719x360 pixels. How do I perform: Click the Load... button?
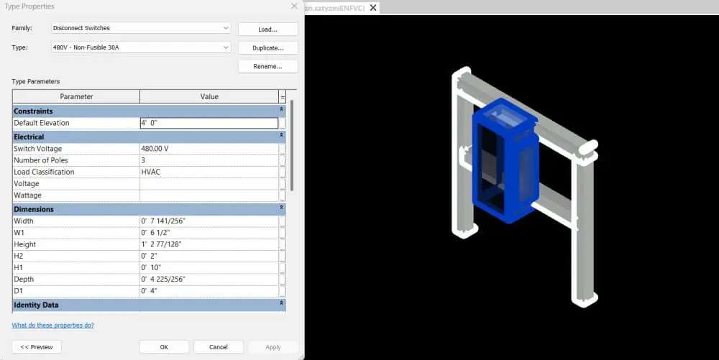coord(267,29)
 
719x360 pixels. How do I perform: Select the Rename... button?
coord(267,66)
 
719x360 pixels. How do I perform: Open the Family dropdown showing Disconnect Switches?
coord(141,28)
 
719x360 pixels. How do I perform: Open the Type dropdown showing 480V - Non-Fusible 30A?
coord(141,47)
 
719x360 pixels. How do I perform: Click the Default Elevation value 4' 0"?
coord(209,123)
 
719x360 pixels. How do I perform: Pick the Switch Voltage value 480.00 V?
coord(209,149)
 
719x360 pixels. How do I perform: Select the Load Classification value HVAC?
coord(209,172)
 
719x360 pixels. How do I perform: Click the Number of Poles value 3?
coord(209,160)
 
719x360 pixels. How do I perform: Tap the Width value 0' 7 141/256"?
coord(209,221)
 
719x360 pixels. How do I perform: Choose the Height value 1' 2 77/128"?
coord(209,244)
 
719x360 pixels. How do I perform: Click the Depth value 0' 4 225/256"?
coord(209,279)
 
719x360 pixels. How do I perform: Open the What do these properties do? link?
coord(52,325)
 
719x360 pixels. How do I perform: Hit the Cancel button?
coord(218,347)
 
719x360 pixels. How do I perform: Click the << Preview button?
coord(37,347)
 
